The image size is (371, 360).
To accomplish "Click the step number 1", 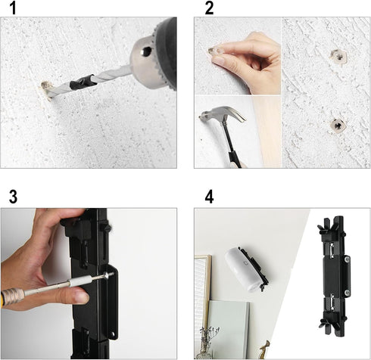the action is [x=13, y=8].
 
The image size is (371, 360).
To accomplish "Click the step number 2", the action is [x=209, y=8].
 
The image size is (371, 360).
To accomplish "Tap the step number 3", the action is [x=13, y=197].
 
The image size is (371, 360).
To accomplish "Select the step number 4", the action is [x=209, y=197].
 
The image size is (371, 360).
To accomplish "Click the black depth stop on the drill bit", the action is [x=83, y=82].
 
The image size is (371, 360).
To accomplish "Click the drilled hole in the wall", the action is [x=45, y=90].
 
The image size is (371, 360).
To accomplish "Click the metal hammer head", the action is [x=222, y=114].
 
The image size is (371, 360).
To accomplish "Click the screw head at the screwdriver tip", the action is [x=111, y=274].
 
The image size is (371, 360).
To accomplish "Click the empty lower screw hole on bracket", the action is [x=113, y=335].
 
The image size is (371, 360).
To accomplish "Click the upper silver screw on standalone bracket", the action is [x=348, y=259].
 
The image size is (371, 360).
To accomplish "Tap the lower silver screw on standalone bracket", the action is [x=348, y=292].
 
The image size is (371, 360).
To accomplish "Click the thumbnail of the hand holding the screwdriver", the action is [x=89, y=284].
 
